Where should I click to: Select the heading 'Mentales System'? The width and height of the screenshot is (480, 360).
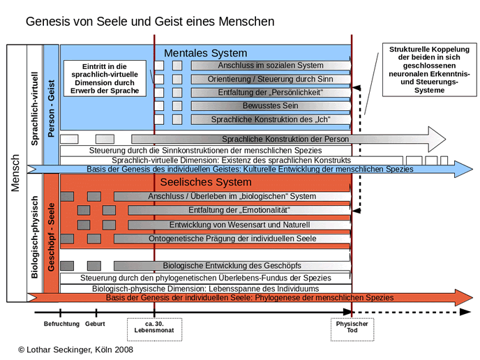point(205,53)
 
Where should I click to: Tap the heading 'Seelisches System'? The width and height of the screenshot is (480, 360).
point(206,182)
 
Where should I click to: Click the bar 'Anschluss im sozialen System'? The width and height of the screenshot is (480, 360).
point(271,66)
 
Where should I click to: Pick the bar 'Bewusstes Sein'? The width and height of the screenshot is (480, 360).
point(271,106)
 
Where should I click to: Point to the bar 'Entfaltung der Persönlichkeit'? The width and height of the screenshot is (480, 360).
point(271,93)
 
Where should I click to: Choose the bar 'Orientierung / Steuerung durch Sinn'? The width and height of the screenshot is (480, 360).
point(271,80)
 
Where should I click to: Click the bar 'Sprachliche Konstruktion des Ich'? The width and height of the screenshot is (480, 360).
point(271,119)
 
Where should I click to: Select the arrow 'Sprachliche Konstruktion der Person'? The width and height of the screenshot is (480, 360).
point(288,140)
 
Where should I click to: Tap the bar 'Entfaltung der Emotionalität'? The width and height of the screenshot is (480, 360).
point(239,210)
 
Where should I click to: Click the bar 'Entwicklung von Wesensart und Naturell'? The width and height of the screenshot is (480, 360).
point(239,225)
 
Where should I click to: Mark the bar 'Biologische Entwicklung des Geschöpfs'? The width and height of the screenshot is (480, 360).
point(232,266)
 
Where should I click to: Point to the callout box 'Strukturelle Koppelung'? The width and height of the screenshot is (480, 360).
point(430,70)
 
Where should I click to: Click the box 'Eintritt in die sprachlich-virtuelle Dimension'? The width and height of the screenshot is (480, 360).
point(105,79)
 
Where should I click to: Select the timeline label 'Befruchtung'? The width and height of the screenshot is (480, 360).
point(61,324)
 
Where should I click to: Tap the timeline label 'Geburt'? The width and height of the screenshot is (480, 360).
point(95,324)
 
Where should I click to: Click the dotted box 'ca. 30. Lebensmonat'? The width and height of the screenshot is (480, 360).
point(155,330)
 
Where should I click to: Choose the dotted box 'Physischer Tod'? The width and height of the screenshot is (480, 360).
point(352,330)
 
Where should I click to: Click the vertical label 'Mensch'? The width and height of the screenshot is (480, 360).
point(15,173)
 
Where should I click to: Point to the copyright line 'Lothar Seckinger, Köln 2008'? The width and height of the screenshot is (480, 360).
point(76,350)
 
